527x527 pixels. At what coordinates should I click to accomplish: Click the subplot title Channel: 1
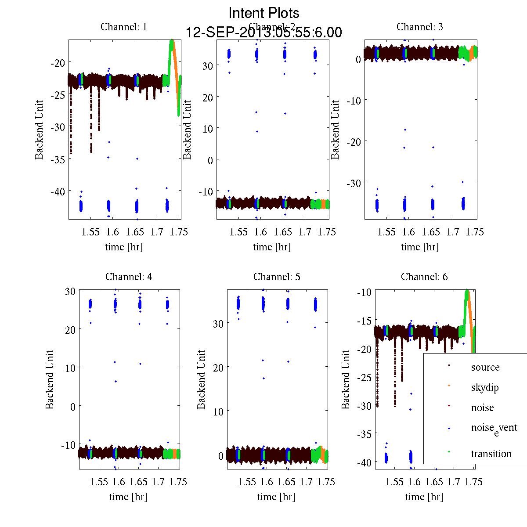pos(124,27)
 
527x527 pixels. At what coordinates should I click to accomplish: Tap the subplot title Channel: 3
pos(419,27)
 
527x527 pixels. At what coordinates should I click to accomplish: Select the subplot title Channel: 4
pos(129,277)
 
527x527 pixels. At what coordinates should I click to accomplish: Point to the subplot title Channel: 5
pos(277,277)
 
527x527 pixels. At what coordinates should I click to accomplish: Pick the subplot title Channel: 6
pos(424,277)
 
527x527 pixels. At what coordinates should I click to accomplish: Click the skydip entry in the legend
pos(485,388)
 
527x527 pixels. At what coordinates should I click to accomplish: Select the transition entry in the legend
pos(491,454)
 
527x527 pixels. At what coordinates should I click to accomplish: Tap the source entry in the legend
pos(485,368)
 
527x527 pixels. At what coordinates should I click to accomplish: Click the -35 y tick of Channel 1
pos(58,159)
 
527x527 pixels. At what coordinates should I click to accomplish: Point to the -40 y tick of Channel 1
pos(58,191)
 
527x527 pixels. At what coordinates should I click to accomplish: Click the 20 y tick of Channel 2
pos(207,97)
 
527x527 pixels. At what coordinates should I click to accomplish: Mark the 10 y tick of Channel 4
pos(70,368)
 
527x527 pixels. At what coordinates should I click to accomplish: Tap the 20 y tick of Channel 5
pos(218,368)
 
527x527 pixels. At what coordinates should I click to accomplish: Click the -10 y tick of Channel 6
pos(365,292)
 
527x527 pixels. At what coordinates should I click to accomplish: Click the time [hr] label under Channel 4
pos(128,497)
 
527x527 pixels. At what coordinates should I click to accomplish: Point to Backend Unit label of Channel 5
pos(201,379)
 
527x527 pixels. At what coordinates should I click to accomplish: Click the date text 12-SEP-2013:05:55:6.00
pos(264,32)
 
